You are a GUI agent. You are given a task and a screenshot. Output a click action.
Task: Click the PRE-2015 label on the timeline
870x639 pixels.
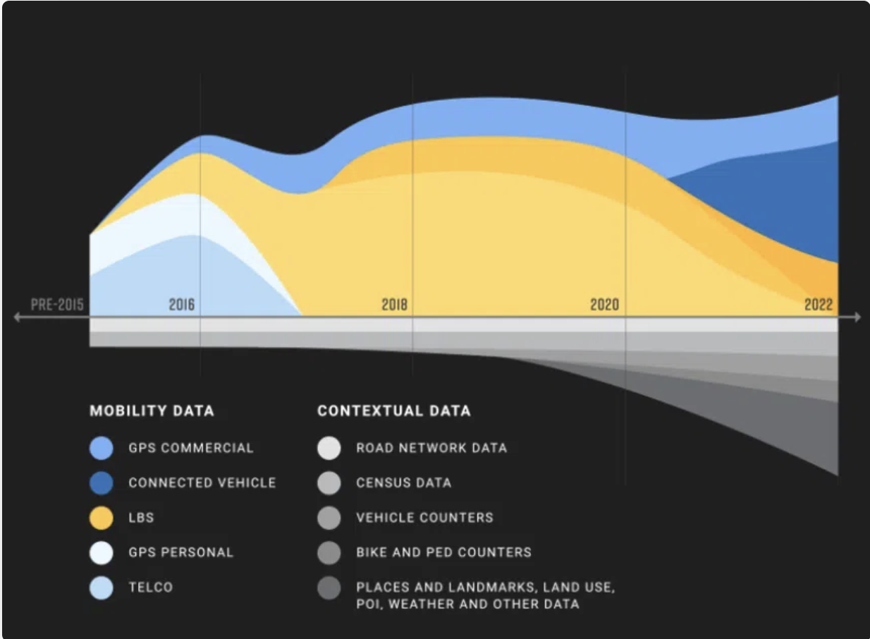pyautogui.click(x=57, y=305)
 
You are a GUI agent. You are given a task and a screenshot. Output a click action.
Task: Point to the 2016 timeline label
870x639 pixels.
pyautogui.click(x=182, y=305)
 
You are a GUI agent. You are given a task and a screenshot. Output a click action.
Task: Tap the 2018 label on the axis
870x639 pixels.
pyautogui.click(x=395, y=305)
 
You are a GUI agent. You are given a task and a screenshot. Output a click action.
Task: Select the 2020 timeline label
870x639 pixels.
pyautogui.click(x=605, y=305)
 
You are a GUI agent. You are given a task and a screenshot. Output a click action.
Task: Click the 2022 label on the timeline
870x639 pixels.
pyautogui.click(x=819, y=305)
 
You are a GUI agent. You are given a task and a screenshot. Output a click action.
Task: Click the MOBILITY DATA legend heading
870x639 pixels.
pyautogui.click(x=152, y=411)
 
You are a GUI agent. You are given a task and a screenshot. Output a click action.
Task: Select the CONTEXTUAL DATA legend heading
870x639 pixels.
pyautogui.click(x=394, y=411)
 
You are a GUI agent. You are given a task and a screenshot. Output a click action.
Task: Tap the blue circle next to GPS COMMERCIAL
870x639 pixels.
pyautogui.click(x=102, y=448)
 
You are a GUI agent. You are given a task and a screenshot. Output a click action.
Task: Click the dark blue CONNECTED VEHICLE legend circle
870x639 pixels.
pyautogui.click(x=102, y=483)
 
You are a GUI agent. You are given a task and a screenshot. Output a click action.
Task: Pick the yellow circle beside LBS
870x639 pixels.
pyautogui.click(x=102, y=518)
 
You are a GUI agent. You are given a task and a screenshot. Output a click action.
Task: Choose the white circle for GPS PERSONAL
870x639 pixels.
pyautogui.click(x=102, y=552)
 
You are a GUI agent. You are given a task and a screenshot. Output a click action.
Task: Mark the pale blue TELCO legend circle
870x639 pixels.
pyautogui.click(x=102, y=588)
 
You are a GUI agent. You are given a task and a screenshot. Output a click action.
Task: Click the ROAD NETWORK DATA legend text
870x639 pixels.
pyautogui.click(x=432, y=448)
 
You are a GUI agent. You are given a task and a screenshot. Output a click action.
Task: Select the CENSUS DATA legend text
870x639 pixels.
pyautogui.click(x=404, y=483)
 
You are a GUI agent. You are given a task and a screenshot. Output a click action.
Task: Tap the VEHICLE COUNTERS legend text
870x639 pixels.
pyautogui.click(x=425, y=518)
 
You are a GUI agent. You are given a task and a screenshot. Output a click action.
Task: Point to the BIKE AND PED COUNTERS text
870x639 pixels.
pyautogui.click(x=444, y=552)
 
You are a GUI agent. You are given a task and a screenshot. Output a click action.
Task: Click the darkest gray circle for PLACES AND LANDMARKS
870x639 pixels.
pyautogui.click(x=329, y=588)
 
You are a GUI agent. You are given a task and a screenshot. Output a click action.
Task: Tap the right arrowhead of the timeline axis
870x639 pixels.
pyautogui.click(x=857, y=317)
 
